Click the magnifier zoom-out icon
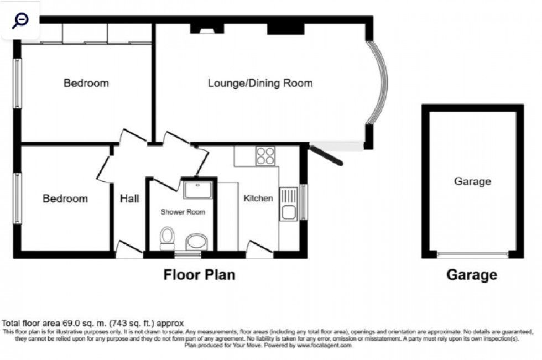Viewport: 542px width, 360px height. pyautogui.click(x=20, y=20)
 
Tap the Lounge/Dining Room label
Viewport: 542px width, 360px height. pyautogui.click(x=260, y=84)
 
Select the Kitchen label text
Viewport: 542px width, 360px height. pyautogui.click(x=258, y=198)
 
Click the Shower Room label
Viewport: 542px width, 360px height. pyautogui.click(x=183, y=212)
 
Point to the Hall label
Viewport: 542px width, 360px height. pyautogui.click(x=129, y=199)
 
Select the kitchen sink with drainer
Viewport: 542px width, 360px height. pyautogui.click(x=289, y=204)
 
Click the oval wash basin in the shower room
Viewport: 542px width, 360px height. pyautogui.click(x=196, y=241)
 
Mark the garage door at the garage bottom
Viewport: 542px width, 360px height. pyautogui.click(x=472, y=255)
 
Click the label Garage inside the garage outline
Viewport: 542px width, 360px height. pyautogui.click(x=472, y=181)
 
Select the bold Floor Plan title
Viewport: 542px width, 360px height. pyautogui.click(x=199, y=275)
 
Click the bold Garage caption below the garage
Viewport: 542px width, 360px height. pyautogui.click(x=472, y=275)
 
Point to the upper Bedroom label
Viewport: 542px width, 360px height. pyautogui.click(x=86, y=84)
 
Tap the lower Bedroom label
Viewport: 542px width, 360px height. pyautogui.click(x=65, y=199)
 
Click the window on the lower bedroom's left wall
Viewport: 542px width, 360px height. pyautogui.click(x=18, y=198)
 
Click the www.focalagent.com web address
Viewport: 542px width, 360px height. pyautogui.click(x=324, y=345)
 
